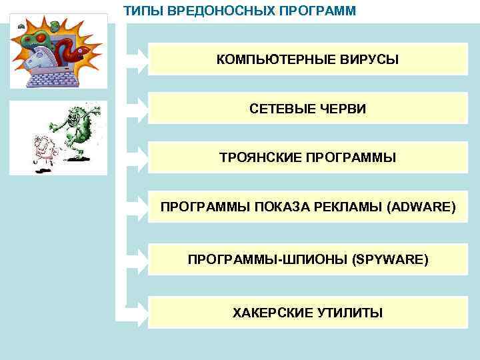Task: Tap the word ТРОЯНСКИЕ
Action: [260, 158]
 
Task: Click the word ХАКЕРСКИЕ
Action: [272, 312]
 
